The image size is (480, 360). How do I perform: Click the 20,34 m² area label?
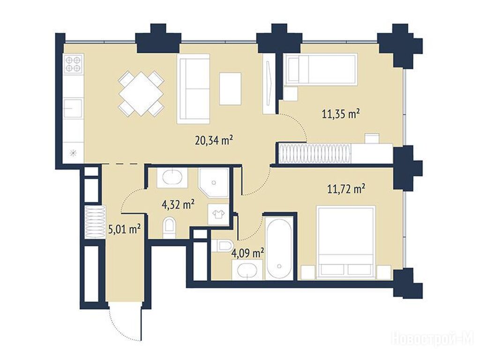pos(214,141)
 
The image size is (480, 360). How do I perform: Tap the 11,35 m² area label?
pos(341,114)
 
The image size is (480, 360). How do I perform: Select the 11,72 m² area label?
pos(346,189)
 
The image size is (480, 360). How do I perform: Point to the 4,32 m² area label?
pos(178,204)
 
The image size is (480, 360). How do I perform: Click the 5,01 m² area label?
pos(125,229)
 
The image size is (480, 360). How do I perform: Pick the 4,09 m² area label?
pos(248,253)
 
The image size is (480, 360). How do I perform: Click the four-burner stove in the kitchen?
pos(73,64)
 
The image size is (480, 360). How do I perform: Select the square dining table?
pos(141,94)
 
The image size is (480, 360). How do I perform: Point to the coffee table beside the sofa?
pos(230,89)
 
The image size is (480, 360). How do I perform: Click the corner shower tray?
pos(213,182)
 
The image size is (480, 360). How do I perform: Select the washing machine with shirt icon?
pos(218,214)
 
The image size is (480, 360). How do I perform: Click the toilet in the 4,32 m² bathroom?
pos(169,228)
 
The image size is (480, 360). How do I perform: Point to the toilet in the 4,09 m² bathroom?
pos(222,246)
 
